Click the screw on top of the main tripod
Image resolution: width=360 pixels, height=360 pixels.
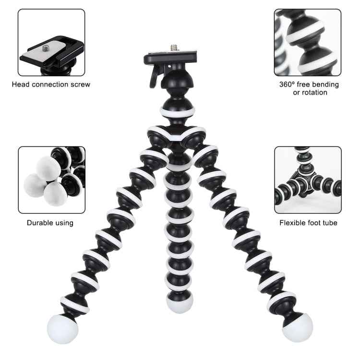173,48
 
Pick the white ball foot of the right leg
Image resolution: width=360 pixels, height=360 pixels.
297,328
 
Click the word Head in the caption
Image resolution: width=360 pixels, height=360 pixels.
21,84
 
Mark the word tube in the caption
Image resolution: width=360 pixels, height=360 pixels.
329,223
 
